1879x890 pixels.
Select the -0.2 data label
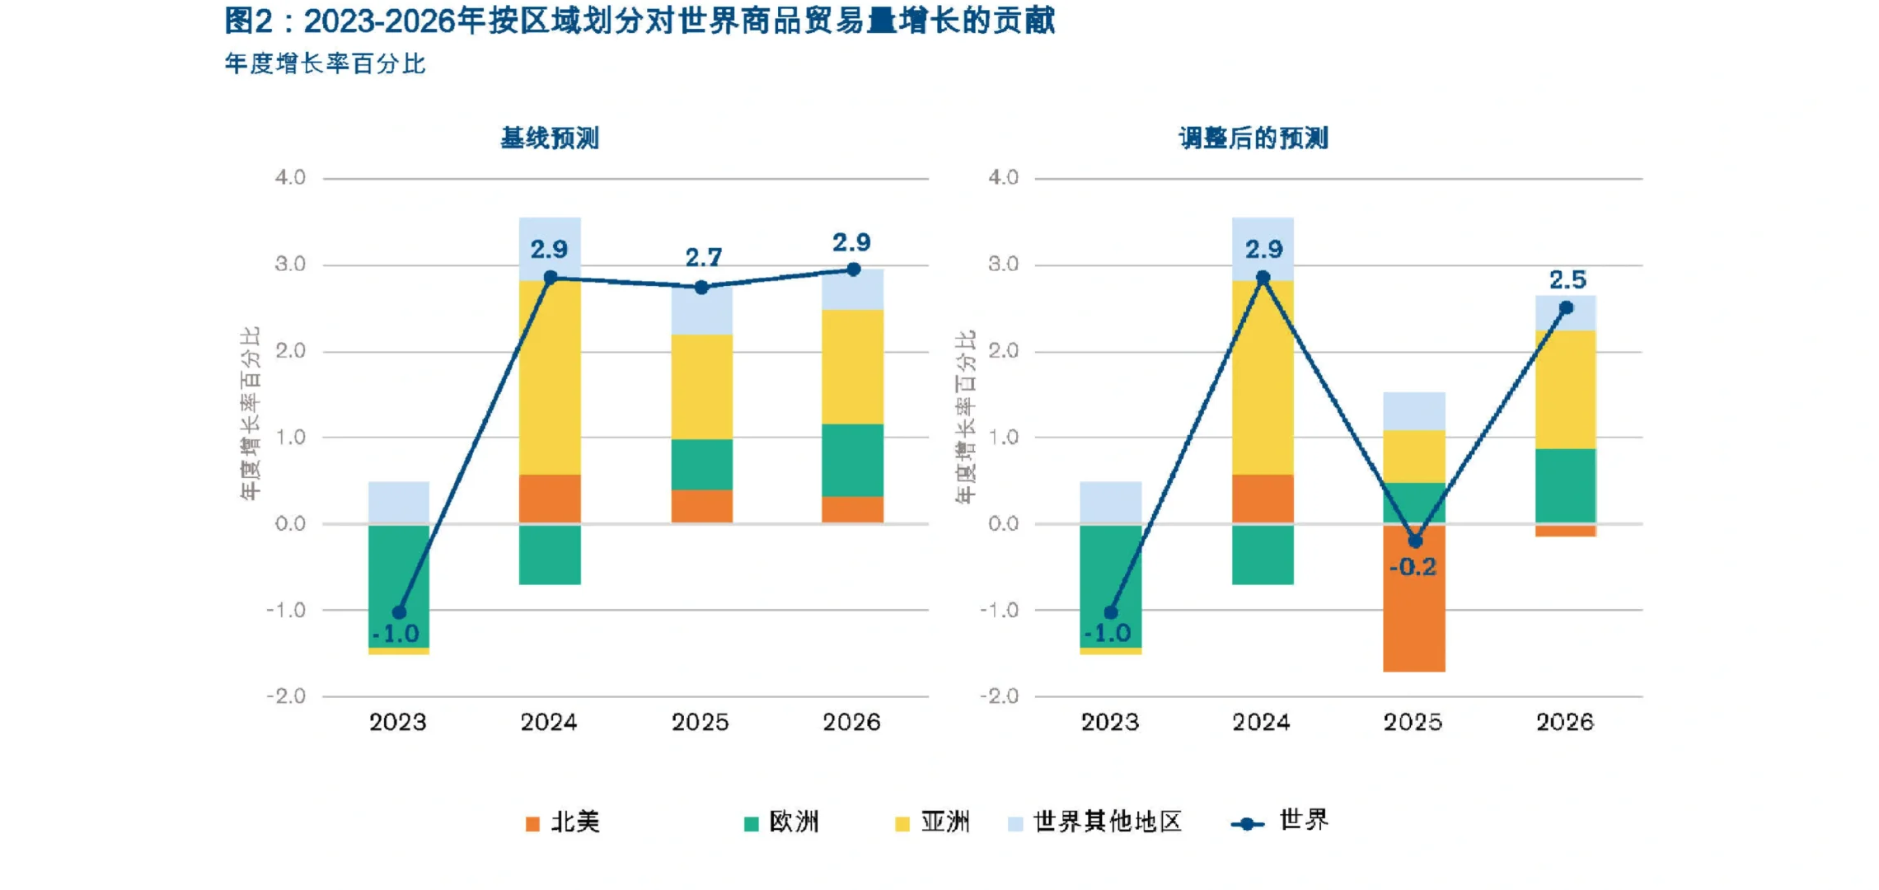(1413, 567)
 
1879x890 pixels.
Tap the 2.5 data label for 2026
(1567, 280)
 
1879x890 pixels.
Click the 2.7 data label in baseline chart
(703, 258)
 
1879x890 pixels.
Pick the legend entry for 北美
(564, 822)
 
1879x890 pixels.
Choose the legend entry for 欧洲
(782, 822)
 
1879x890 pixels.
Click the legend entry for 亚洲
(933, 822)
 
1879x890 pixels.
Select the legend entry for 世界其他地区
(1096, 822)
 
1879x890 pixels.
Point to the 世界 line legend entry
(1280, 822)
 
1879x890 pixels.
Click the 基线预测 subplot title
(550, 138)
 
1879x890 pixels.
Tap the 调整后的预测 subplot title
(1253, 138)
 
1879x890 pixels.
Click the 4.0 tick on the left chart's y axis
(290, 177)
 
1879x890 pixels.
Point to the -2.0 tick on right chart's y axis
(999, 696)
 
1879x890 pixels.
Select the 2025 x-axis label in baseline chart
(700, 723)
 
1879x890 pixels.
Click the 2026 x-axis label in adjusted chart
(1564, 723)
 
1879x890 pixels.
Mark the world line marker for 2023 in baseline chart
(399, 612)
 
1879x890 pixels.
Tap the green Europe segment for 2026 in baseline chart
(853, 460)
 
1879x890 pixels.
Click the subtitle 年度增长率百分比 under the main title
(325, 64)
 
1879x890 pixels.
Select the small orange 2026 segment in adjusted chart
(1566, 532)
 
